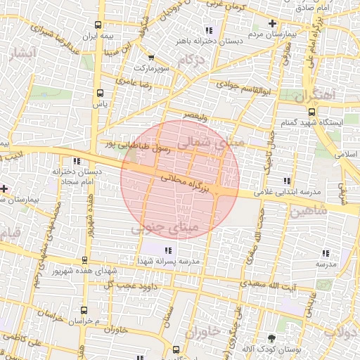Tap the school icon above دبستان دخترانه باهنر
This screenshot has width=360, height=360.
tap(208, 30)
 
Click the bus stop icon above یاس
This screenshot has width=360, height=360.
tap(100, 92)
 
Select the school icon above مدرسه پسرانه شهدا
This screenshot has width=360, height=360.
tap(167, 250)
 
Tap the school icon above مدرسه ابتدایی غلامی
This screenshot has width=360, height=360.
tap(286, 179)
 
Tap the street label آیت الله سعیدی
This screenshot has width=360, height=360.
tap(268, 285)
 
